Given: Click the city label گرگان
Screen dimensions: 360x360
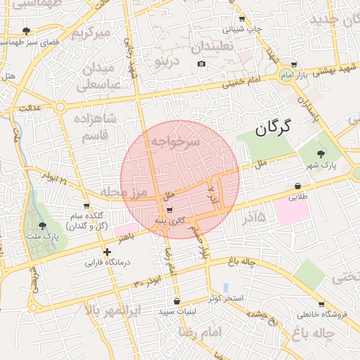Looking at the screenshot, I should click(273, 128).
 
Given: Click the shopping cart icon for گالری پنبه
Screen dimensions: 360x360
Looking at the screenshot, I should click(169, 210).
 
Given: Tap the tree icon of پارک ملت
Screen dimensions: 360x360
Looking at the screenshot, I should click(43, 226).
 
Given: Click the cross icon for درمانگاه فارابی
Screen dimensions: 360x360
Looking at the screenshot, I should click(107, 252).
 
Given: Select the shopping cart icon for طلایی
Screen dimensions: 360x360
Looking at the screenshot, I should click(299, 187).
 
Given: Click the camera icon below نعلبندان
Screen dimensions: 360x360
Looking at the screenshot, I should click(202, 64).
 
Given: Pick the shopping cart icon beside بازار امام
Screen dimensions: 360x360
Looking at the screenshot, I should click(294, 64).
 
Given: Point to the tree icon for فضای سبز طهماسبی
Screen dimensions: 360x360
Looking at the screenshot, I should click(27, 30).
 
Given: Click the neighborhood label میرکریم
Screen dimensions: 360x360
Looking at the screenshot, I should click(94, 32).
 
